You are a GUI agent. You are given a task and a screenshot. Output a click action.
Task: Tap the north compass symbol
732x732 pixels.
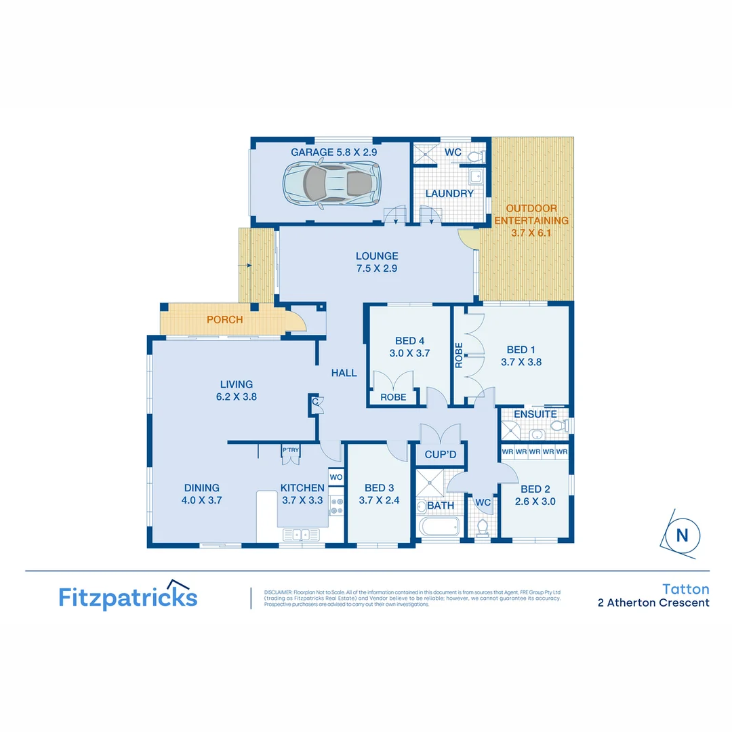click(x=681, y=535)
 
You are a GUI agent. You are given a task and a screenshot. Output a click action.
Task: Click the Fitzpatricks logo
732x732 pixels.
click(x=128, y=596)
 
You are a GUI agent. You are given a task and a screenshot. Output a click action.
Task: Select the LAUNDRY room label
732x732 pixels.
click(x=449, y=194)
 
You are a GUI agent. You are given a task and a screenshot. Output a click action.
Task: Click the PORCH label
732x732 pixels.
click(x=224, y=320)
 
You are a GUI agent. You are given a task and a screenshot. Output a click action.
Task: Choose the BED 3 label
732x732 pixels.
click(x=379, y=488)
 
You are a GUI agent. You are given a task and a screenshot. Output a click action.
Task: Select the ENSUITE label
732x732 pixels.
click(x=535, y=414)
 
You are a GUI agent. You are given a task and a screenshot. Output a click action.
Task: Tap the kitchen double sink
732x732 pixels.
click(x=302, y=535)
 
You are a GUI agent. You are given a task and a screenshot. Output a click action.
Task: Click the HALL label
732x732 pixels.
click(x=344, y=373)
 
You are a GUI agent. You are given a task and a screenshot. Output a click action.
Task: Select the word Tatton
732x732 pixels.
click(x=685, y=590)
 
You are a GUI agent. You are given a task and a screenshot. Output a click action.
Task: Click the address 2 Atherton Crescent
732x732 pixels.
click(x=653, y=603)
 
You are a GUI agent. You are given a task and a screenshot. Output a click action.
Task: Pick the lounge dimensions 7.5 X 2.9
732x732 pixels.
click(x=377, y=268)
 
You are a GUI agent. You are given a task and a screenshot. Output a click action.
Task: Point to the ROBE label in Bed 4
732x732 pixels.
click(x=393, y=397)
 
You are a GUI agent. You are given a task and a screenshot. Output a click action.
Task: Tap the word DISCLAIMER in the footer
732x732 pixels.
click(x=279, y=592)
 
